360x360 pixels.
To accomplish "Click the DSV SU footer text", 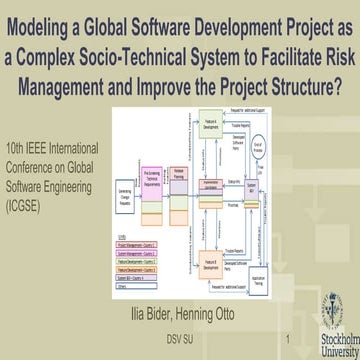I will click(180, 341).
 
